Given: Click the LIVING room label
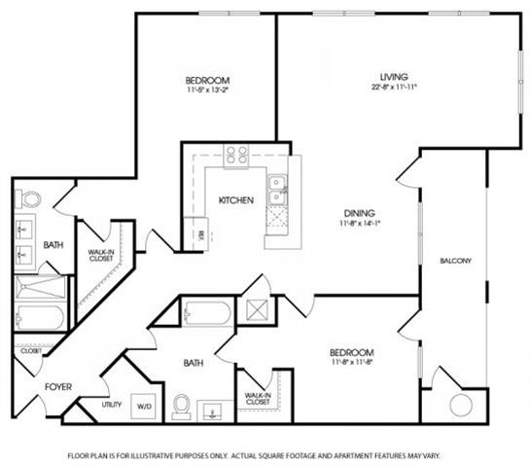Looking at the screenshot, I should (x=395, y=76).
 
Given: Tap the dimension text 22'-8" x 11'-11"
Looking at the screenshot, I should (x=395, y=87).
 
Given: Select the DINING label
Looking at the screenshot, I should (x=359, y=213).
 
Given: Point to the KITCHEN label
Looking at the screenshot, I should (x=235, y=199).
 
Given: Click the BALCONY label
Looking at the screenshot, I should (x=455, y=261).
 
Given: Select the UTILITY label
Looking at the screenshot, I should (x=112, y=404).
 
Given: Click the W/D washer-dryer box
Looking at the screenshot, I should (x=144, y=405).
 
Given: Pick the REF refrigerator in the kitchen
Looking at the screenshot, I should (x=200, y=234).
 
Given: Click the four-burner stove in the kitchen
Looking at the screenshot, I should (x=236, y=154).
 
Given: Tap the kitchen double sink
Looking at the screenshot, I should (x=277, y=190).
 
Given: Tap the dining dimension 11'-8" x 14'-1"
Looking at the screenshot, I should (x=359, y=224).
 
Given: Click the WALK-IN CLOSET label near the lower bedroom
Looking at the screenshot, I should (x=258, y=397).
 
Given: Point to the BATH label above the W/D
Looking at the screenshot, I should (x=193, y=364).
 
